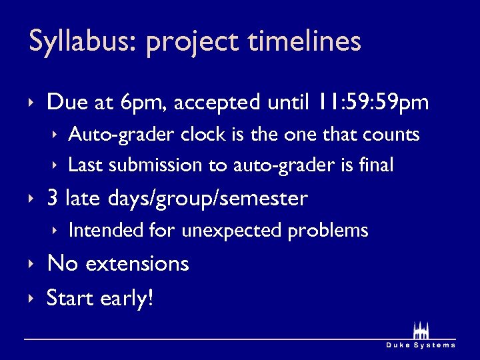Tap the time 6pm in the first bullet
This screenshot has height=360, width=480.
click(146, 103)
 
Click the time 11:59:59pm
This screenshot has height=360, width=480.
click(373, 103)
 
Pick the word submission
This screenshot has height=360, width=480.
click(160, 165)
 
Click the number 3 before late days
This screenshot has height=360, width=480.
click(53, 199)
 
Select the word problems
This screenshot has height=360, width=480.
click(328, 231)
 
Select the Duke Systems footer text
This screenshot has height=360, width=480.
click(421, 345)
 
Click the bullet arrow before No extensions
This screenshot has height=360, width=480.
click(31, 264)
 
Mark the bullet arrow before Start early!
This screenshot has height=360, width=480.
click(31, 298)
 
